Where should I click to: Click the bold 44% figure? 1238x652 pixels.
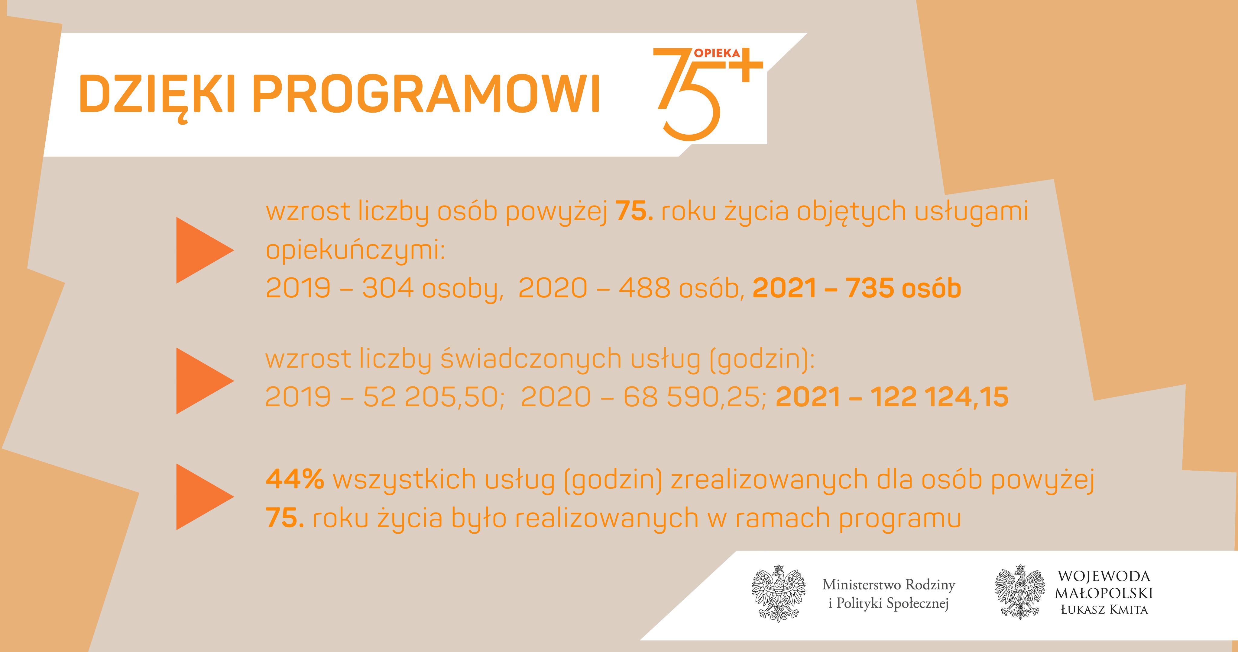coord(295,479)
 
